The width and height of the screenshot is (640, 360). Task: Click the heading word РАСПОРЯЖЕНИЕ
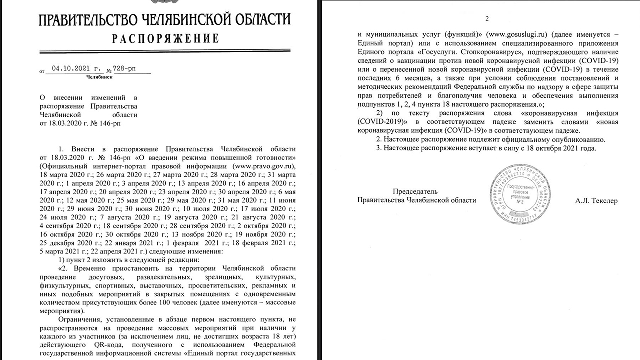165,39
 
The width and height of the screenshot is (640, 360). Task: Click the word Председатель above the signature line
415,191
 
